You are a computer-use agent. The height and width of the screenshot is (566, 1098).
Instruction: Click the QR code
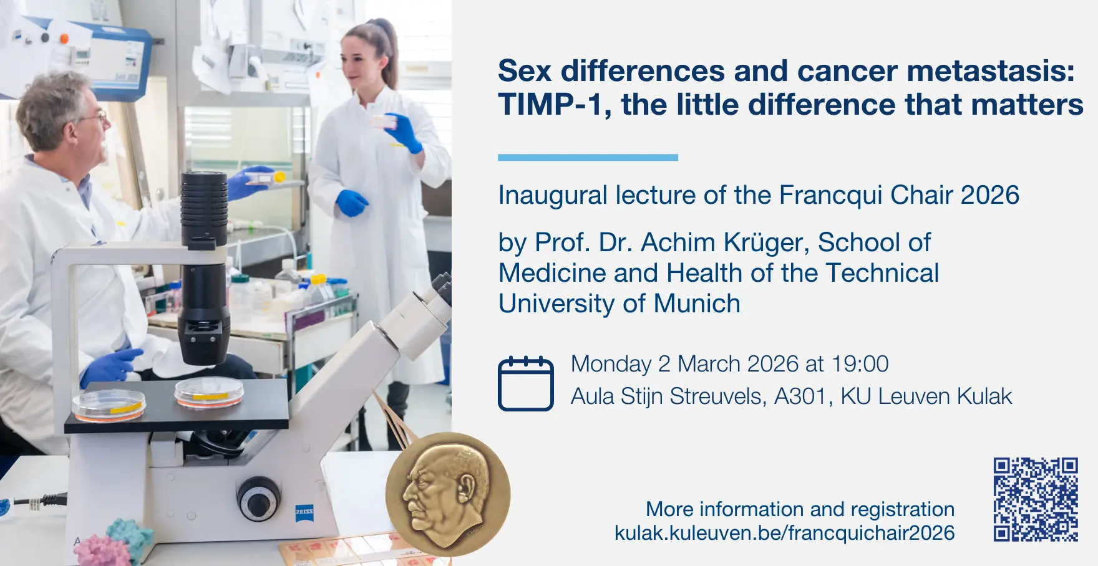(x=1036, y=499)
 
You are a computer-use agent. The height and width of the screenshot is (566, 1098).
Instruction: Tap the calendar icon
(x=525, y=383)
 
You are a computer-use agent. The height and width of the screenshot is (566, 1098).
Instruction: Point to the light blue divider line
(x=588, y=158)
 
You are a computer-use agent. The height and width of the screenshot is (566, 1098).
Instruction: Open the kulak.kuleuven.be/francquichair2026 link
(x=784, y=533)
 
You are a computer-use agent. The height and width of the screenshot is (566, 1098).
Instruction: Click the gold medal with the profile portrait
(x=448, y=494)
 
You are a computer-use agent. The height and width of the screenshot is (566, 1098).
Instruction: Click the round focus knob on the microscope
(x=258, y=499)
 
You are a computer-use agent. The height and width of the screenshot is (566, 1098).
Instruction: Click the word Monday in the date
(x=611, y=364)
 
